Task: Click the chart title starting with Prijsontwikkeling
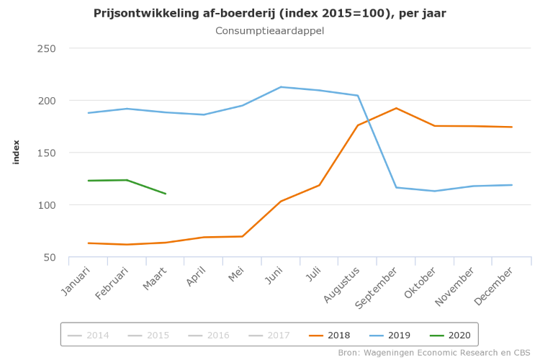pos(269,14)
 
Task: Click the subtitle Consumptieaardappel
pos(269,31)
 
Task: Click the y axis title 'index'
pos(17,152)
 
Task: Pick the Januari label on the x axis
pos(76,282)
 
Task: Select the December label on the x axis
pos(495,285)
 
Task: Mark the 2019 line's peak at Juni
pos(281,87)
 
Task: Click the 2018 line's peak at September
pos(396,108)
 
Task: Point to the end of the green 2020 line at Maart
pos(166,194)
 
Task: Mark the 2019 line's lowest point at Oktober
pos(435,191)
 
